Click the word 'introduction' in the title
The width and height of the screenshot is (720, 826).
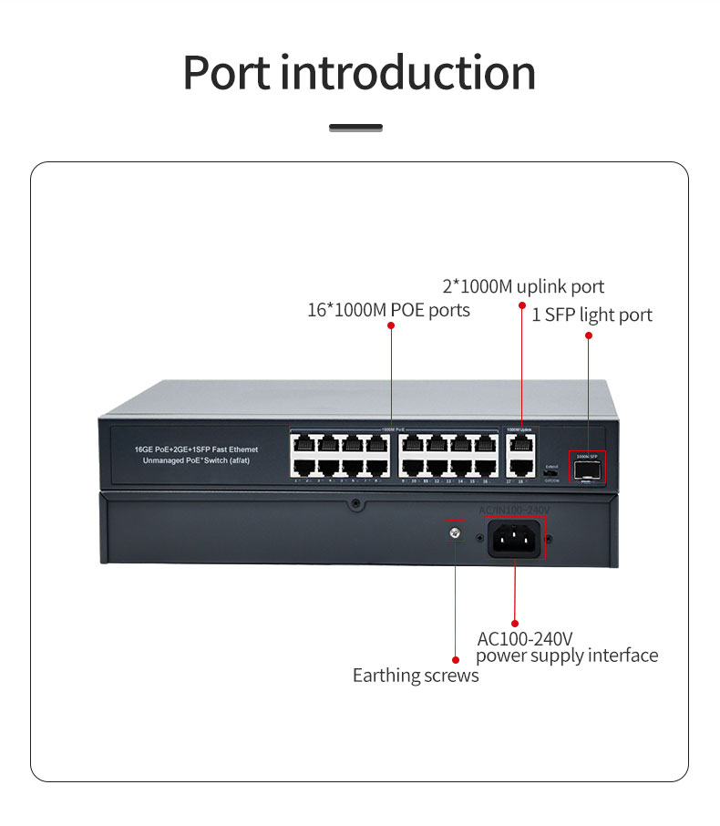[x=407, y=72]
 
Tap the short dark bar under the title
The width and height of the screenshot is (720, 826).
[x=355, y=128]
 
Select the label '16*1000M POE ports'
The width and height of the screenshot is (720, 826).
[x=388, y=310]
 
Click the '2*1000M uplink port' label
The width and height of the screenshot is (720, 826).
[x=523, y=286]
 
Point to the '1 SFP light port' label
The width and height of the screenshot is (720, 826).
[x=592, y=315]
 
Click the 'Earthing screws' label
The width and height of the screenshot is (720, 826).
[x=416, y=676]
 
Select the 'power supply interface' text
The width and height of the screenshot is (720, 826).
[x=567, y=656]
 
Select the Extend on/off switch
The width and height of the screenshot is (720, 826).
[x=550, y=474]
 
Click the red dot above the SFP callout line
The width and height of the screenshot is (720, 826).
[x=589, y=336]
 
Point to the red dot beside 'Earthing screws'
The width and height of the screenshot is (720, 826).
[x=456, y=658]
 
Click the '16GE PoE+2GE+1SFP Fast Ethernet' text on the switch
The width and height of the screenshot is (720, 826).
[x=196, y=449]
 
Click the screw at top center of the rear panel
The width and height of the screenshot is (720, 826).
[x=356, y=503]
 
